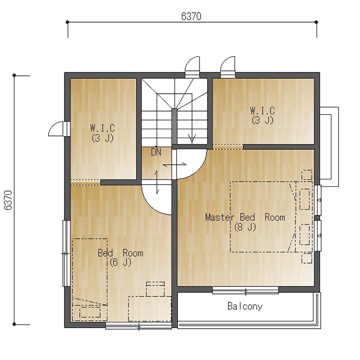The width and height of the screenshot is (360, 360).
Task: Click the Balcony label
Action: click(x=245, y=307)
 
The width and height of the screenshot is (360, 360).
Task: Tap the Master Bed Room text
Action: click(x=245, y=217)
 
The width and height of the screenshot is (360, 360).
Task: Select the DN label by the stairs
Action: click(x=156, y=152)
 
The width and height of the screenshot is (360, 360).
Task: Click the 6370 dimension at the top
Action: click(x=191, y=16)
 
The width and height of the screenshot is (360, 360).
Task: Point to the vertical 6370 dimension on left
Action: click(x=8, y=200)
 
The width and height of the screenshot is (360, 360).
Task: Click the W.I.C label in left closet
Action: click(x=102, y=128)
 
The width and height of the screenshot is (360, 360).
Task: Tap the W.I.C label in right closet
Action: click(x=263, y=111)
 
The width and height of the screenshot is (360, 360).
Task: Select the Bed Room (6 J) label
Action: click(x=121, y=257)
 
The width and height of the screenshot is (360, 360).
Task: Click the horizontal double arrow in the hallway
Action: click(x=175, y=165)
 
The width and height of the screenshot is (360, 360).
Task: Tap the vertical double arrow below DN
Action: click(x=157, y=182)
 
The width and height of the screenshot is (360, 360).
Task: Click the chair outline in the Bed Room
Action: click(x=156, y=289)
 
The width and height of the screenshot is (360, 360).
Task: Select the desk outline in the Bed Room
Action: click(x=150, y=309)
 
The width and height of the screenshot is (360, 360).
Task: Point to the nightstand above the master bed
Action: click(x=307, y=175)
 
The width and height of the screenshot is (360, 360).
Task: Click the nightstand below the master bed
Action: click(x=307, y=258)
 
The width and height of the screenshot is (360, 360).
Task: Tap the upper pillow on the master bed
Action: click(x=305, y=199)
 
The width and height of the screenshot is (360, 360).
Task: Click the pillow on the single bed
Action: click(x=90, y=312)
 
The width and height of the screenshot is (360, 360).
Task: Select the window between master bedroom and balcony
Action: click(x=246, y=291)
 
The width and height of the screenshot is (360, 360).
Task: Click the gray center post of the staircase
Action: click(x=175, y=127)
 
